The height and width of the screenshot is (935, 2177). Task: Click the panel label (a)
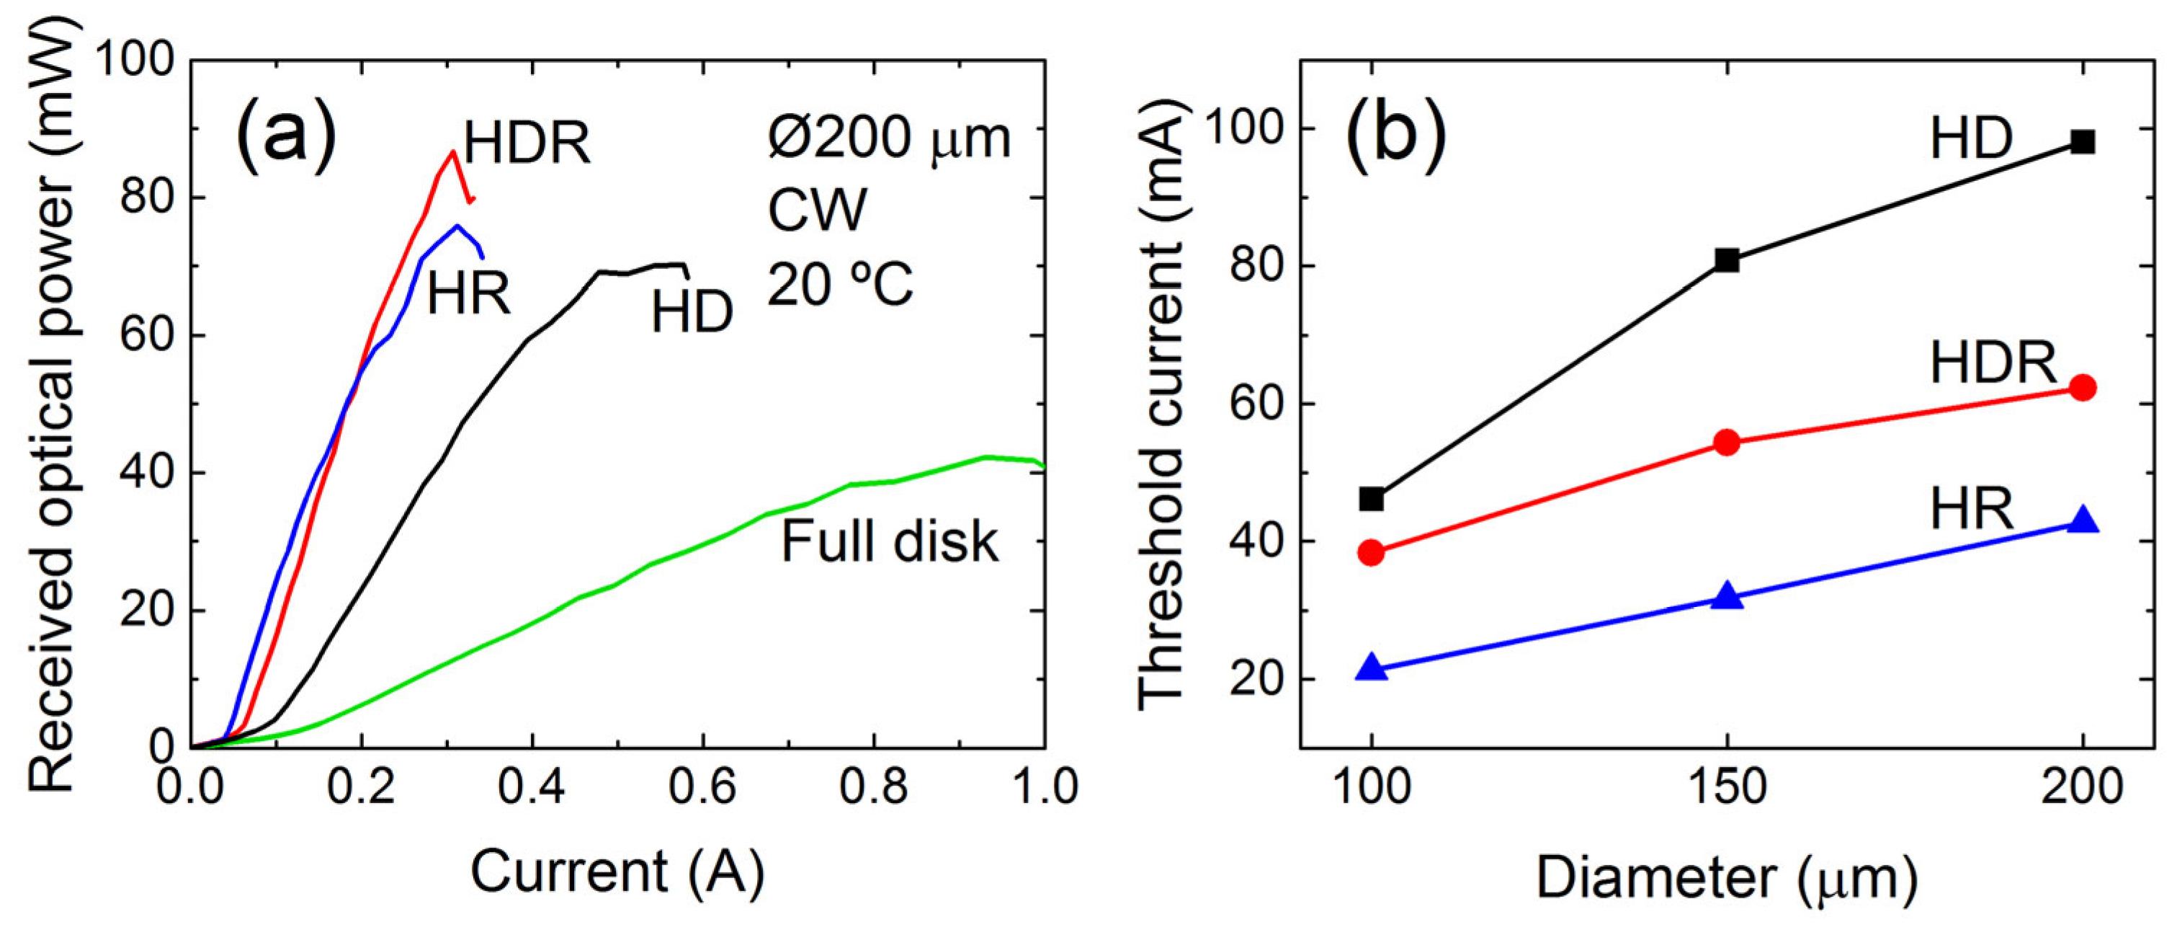[x=286, y=136]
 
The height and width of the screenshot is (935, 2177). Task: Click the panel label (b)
[x=1395, y=136]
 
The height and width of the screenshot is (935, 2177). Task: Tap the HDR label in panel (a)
[x=527, y=143]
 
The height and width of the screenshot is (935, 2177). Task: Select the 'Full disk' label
[x=889, y=541]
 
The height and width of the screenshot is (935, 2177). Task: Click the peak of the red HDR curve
[x=453, y=152]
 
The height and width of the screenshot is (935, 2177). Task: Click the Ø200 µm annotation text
[x=889, y=137]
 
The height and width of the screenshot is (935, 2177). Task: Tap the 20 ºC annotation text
[x=840, y=283]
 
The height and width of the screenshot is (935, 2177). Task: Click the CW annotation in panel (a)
[x=816, y=210]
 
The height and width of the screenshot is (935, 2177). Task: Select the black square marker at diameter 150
[x=1727, y=260]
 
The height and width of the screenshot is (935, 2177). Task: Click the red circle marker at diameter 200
[x=2083, y=388]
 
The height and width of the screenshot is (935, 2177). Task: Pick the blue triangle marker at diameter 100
[x=1372, y=667]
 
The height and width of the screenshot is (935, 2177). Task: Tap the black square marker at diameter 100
[x=1372, y=499]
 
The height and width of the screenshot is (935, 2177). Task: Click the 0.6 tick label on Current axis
[x=702, y=788]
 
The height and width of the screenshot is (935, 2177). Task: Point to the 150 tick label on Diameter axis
[x=1727, y=788]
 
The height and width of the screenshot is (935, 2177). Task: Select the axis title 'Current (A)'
[x=617, y=872]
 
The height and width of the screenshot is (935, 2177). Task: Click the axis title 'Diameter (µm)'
[x=1726, y=879]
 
